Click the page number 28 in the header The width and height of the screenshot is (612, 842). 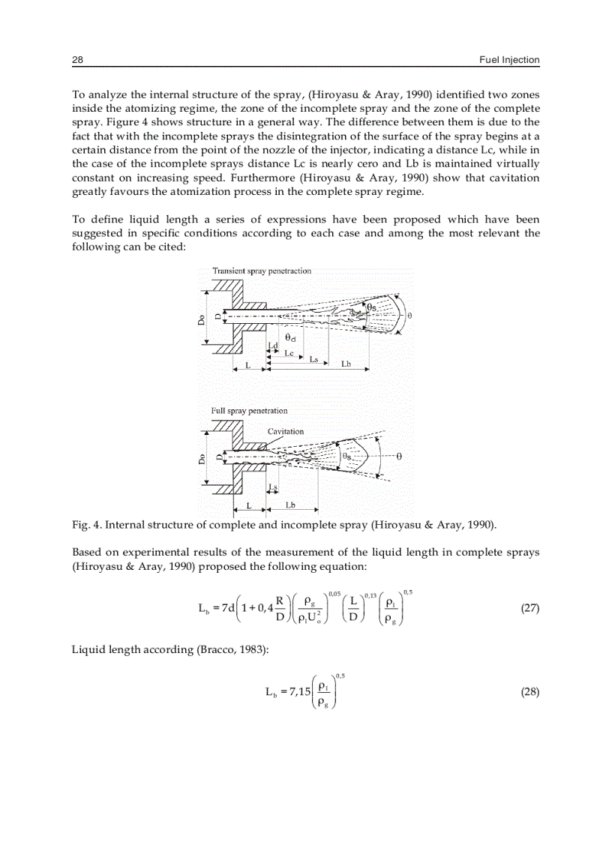(76, 60)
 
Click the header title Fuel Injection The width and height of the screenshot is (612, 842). (509, 60)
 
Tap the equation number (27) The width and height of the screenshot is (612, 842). (529, 608)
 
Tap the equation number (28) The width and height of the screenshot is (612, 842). (529, 692)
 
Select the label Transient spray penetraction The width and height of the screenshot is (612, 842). (262, 271)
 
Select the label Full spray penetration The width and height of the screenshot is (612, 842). (249, 411)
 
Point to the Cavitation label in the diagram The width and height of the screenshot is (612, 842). (286, 431)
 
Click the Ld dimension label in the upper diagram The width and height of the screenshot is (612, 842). (272, 346)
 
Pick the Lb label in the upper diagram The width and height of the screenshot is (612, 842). (346, 364)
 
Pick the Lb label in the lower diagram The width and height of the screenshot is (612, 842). (289, 505)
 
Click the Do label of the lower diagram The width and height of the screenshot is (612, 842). (201, 459)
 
